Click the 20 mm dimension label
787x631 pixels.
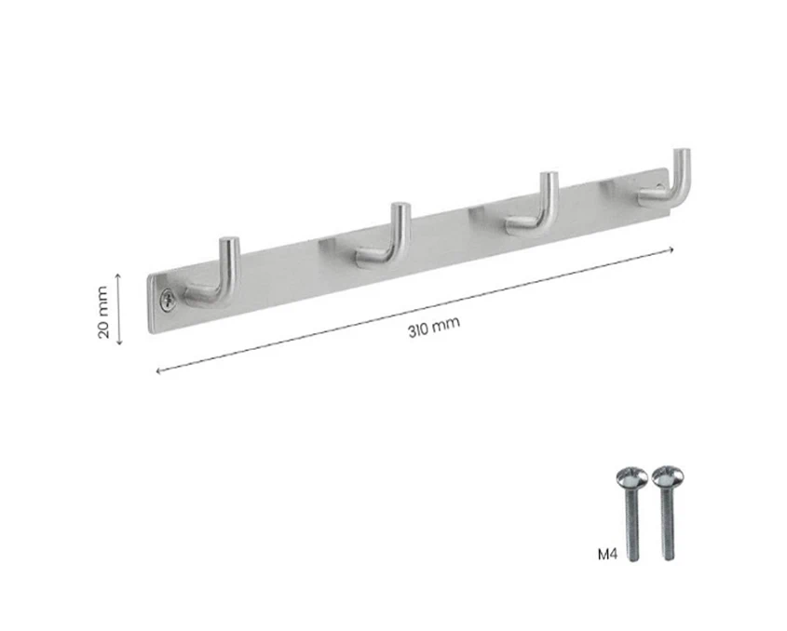(104, 311)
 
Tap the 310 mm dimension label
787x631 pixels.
(434, 325)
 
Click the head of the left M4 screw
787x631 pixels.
(627, 478)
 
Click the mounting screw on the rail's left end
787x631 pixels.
(167, 299)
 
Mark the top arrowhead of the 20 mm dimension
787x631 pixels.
(119, 275)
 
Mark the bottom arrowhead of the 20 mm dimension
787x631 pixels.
(119, 344)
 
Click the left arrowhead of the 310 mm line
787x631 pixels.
(158, 370)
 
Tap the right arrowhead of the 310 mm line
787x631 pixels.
(672, 248)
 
